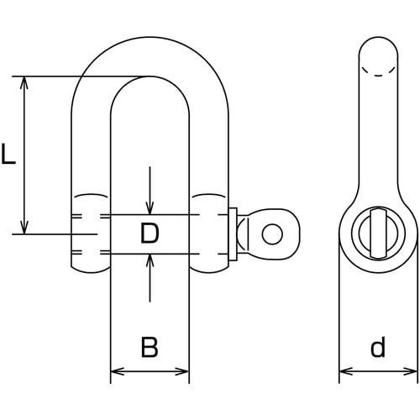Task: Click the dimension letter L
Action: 8,153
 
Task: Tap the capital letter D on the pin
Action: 150,233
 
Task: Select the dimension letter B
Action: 150,347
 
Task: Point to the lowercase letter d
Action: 378,347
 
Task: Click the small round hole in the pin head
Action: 272,234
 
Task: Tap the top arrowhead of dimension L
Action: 24,82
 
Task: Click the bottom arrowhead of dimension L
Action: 24,228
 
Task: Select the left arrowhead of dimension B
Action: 118,372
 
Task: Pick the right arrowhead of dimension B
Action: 182,372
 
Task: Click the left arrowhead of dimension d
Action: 346,372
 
